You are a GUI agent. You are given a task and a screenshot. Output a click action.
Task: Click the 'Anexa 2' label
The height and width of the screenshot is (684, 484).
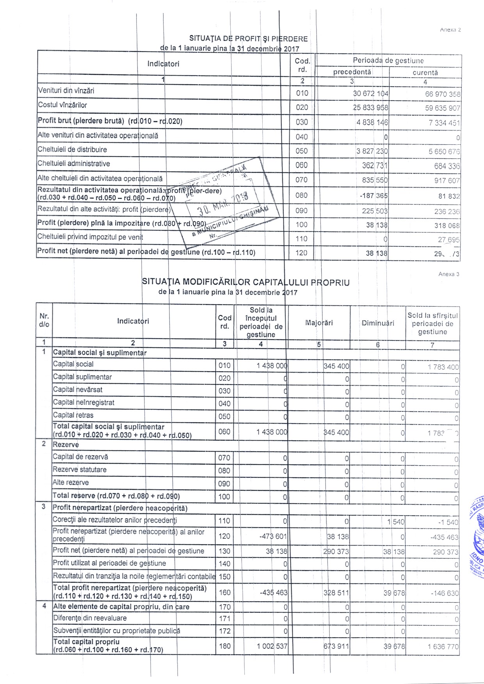tap(450, 30)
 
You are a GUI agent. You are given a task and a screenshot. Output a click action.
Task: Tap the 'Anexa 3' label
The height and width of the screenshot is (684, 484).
tap(449, 274)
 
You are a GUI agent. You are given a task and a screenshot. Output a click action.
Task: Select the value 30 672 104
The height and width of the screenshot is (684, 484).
tap(370, 94)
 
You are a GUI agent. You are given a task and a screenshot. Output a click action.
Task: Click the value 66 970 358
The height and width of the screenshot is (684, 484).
tap(443, 94)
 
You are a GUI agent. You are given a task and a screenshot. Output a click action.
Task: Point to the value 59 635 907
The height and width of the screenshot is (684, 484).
tap(443, 108)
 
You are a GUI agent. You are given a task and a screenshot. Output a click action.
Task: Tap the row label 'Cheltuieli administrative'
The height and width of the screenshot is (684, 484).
tap(74, 164)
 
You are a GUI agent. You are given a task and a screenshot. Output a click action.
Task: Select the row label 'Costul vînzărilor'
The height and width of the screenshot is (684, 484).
tap(62, 105)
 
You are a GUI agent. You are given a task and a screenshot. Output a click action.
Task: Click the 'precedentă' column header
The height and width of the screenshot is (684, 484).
tap(352, 73)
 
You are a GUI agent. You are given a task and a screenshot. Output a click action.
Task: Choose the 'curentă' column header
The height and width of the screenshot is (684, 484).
tap(425, 73)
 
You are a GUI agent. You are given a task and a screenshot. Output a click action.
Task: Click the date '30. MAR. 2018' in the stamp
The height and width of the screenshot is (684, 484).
tap(222, 205)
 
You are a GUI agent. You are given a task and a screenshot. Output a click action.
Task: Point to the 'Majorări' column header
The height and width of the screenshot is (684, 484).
tap(319, 323)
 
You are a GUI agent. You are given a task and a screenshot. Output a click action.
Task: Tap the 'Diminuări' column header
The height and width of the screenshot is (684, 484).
tap(378, 323)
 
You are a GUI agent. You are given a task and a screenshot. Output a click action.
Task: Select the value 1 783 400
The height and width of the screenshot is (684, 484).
tap(443, 367)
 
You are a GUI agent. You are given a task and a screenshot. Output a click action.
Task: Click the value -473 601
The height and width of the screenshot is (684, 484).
tap(273, 537)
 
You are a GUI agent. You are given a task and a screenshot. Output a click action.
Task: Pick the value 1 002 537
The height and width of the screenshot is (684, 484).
tap(272, 646)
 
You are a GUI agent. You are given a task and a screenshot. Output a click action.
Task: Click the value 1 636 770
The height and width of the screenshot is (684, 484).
tap(443, 647)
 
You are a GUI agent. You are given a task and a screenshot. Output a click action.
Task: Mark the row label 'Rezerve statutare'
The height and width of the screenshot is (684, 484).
tap(80, 470)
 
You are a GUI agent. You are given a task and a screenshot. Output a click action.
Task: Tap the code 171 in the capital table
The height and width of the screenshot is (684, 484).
tap(224, 619)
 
